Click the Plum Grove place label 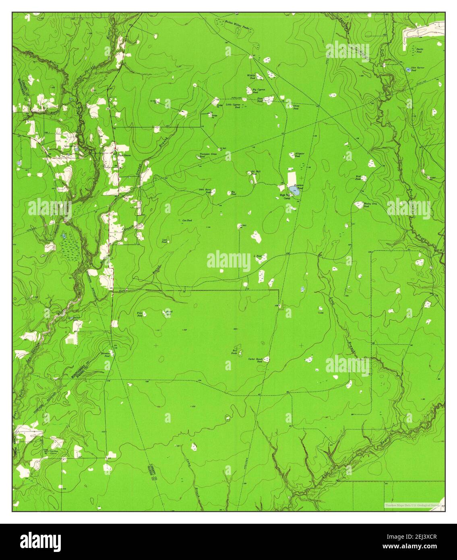point(124,156)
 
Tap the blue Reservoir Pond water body point(294,191)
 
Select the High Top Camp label point(285,196)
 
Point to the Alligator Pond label point(299,155)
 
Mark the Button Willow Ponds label point(237,23)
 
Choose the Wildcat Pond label point(252,77)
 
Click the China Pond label point(296,107)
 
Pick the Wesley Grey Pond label point(370,205)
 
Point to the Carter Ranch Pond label point(255,360)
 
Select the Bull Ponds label point(234,351)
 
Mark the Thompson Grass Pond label point(209,155)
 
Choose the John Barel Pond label point(205,191)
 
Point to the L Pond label point(258,256)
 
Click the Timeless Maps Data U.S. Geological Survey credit point(413,505)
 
